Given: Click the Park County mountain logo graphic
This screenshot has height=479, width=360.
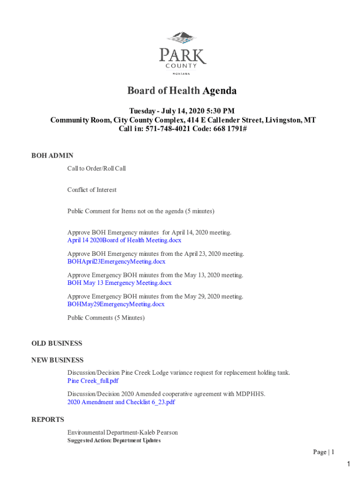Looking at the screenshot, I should click(x=182, y=38).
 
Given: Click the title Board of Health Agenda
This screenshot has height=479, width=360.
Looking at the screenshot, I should click(x=182, y=91).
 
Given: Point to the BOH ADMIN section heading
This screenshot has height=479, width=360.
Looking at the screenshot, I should click(x=52, y=156).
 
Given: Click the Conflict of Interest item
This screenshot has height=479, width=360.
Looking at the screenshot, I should click(x=92, y=190).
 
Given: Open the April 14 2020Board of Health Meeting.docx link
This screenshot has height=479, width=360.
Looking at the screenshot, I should click(x=124, y=240).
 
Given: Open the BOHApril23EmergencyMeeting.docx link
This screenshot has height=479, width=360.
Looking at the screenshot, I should click(x=116, y=261).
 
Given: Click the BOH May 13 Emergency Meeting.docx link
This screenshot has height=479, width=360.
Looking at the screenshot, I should click(x=119, y=283).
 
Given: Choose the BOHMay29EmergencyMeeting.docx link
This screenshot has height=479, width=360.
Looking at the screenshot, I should click(x=116, y=305).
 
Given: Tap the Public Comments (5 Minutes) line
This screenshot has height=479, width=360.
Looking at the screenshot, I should click(x=106, y=318).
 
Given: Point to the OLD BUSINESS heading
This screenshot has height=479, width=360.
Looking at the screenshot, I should click(x=57, y=343).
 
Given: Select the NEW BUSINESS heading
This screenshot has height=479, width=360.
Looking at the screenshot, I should click(x=58, y=360).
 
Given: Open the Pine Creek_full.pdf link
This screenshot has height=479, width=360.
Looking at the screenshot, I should click(x=93, y=381).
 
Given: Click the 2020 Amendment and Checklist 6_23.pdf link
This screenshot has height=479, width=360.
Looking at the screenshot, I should click(x=121, y=402).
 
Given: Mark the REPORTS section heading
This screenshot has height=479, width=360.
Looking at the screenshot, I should click(x=48, y=420).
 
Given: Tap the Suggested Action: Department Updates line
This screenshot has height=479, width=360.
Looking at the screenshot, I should click(x=114, y=441).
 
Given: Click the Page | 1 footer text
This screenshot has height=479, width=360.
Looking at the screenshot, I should click(x=324, y=452).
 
